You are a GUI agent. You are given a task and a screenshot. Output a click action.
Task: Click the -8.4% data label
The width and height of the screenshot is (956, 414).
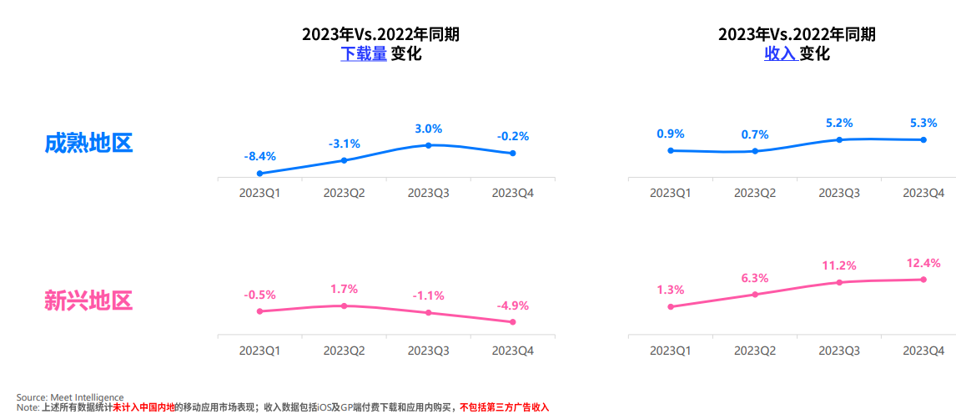[x=259, y=156]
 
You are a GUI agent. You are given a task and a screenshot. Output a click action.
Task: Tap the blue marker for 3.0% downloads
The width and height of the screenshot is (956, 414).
[x=428, y=145]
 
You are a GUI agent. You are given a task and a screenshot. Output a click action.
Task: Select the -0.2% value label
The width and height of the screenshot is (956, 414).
[x=513, y=136]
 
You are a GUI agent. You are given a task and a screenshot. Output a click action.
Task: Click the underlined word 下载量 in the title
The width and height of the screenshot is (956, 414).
[x=363, y=54]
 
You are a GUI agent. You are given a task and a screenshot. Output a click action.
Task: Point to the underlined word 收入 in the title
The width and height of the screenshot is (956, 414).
[x=781, y=54]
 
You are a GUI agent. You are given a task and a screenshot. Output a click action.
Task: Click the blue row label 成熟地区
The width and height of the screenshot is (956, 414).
[x=88, y=143]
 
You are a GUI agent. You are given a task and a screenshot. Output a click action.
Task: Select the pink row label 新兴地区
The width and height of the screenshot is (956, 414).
[x=88, y=300]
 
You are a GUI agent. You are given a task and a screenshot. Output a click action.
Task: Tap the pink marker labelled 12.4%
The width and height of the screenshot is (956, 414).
[x=923, y=280]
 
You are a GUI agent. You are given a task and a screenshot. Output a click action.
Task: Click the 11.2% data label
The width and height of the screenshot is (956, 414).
[x=839, y=265]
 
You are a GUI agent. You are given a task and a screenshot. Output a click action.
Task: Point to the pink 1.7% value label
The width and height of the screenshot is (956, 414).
[x=344, y=289]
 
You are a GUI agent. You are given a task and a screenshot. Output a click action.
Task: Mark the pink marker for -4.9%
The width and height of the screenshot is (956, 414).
[x=513, y=322]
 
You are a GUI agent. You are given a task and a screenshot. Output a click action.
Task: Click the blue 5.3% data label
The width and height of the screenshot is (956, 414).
[x=923, y=122]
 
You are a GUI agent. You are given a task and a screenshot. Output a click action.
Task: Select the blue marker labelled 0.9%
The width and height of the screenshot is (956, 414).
[x=670, y=151]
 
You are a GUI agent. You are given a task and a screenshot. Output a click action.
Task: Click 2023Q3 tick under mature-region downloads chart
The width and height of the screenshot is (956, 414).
[x=428, y=193]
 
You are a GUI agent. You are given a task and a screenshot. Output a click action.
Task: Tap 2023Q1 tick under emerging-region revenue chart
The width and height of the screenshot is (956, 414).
[x=670, y=351]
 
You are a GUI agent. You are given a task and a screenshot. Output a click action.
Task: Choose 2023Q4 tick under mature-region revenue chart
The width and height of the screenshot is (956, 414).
[x=923, y=193]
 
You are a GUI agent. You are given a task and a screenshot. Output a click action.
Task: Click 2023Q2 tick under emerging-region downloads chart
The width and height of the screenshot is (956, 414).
[x=344, y=351]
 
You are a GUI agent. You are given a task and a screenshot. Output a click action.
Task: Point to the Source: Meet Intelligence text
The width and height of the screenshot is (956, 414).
[x=70, y=397]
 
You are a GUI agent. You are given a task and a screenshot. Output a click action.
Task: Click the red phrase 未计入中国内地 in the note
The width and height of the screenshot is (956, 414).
[x=143, y=407]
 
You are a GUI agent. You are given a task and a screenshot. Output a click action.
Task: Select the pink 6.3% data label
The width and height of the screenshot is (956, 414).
[x=755, y=278]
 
